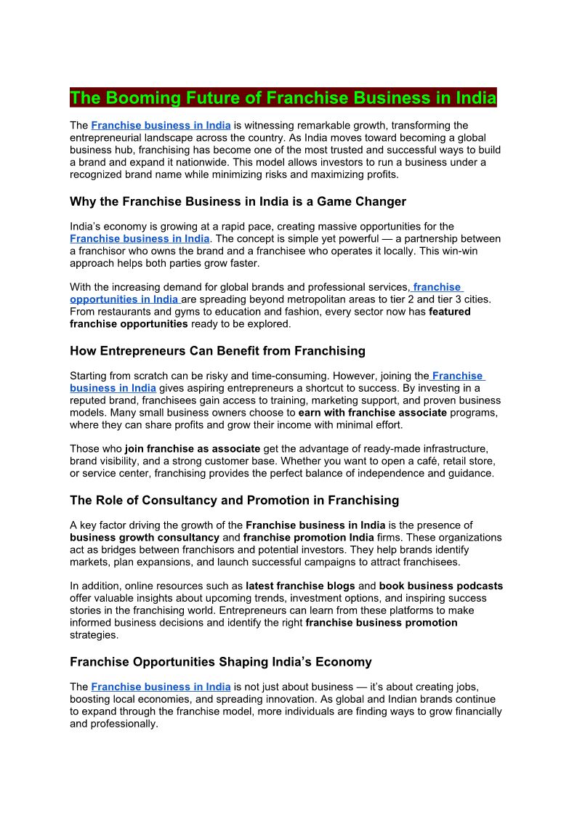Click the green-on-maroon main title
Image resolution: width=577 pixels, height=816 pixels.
pos(283,98)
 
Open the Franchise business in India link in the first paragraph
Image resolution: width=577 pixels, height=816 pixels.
pos(161,126)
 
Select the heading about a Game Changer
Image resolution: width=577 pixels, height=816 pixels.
pos(238,201)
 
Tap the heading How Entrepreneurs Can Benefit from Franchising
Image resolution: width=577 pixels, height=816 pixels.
pos(217,351)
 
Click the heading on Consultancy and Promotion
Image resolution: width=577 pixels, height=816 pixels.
pos(234,500)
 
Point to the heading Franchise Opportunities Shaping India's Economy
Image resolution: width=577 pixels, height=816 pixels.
pos(220,662)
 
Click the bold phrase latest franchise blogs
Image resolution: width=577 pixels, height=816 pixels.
pos(300,586)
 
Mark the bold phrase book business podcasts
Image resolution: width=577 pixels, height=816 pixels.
pos(440,586)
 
